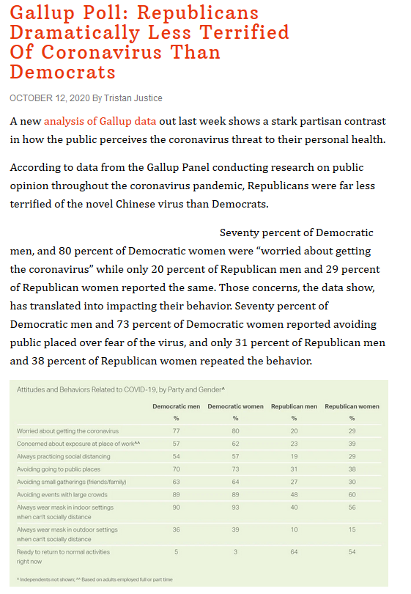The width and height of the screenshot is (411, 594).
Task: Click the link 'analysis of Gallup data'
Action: (x=100, y=121)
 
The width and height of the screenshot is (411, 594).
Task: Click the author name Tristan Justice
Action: (x=133, y=98)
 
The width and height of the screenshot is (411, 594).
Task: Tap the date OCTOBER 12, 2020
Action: (x=50, y=98)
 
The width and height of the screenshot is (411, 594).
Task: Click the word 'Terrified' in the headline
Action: (x=244, y=32)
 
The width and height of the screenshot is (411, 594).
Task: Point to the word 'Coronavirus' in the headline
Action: (x=102, y=52)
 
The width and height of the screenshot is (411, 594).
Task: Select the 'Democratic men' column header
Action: (x=177, y=406)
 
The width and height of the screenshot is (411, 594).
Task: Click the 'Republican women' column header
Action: (x=352, y=406)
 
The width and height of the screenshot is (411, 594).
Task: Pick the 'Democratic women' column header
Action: (x=235, y=406)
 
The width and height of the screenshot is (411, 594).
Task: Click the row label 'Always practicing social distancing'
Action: (x=64, y=456)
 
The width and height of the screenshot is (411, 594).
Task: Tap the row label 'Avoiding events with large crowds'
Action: (x=62, y=495)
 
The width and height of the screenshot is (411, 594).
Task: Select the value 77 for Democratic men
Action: (x=177, y=431)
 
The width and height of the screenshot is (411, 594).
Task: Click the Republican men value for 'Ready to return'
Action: (x=294, y=552)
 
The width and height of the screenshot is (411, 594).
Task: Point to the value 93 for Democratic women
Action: (x=235, y=507)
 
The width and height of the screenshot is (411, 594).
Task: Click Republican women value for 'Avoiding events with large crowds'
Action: (x=352, y=495)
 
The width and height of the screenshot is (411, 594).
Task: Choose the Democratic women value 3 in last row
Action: (x=235, y=552)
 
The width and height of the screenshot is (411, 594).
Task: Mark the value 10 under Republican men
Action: (x=294, y=529)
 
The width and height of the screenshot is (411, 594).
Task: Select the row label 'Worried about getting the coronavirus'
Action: (x=67, y=431)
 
